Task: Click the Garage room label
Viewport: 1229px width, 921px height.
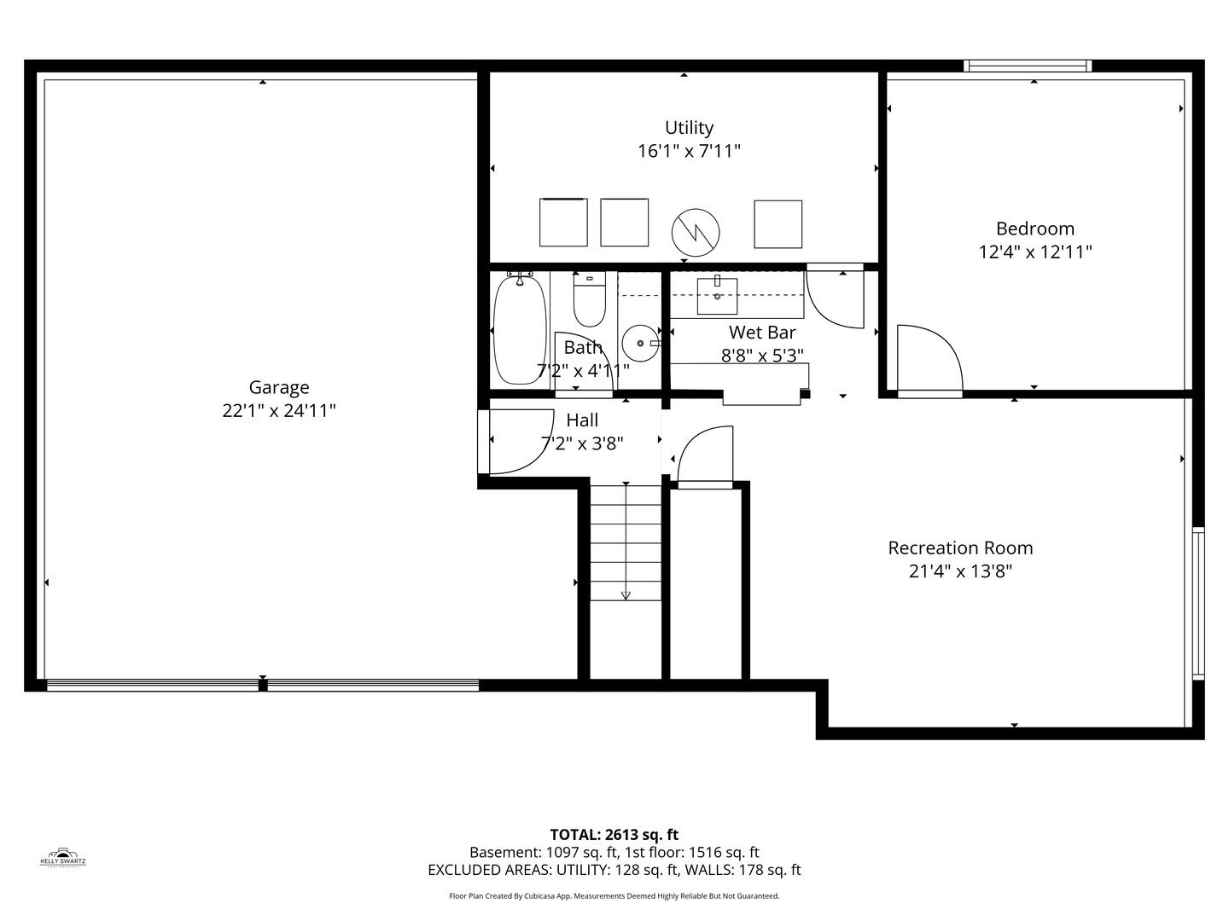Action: [278, 387]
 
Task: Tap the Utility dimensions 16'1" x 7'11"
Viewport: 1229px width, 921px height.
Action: [689, 152]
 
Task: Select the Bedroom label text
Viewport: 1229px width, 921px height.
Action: [1034, 229]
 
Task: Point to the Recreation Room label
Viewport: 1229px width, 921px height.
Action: [960, 547]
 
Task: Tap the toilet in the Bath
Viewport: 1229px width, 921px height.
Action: [589, 299]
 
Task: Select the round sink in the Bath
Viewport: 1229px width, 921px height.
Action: [640, 343]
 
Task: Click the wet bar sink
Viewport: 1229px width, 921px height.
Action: [718, 295]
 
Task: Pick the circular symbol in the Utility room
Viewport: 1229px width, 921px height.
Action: [696, 230]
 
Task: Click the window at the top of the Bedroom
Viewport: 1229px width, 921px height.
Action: [1028, 66]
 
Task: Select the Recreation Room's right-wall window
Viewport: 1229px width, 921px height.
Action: [1197, 603]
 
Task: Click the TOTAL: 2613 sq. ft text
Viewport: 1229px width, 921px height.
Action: [614, 834]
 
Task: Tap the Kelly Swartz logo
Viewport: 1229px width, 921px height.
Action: [63, 856]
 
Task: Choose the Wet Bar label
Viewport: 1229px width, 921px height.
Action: [761, 333]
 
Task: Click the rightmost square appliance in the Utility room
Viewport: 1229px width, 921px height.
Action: [778, 224]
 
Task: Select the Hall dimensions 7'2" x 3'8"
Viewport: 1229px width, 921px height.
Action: [582, 443]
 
